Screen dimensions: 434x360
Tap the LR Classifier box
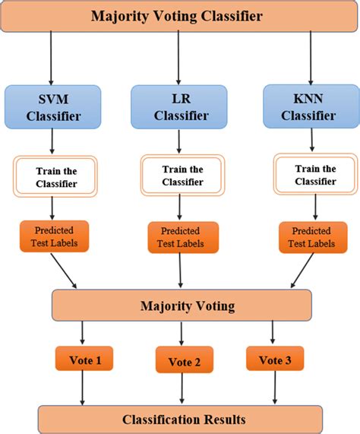pos(179,106)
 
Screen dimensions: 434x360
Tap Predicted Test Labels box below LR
pos(182,237)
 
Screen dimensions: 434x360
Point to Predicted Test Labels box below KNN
pos(309,237)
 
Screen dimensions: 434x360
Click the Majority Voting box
pos(182,306)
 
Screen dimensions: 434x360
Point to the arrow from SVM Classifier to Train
pos(52,141)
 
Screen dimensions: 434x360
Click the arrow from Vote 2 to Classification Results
pos(182,388)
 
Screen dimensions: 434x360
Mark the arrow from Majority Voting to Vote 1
pos(82,332)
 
